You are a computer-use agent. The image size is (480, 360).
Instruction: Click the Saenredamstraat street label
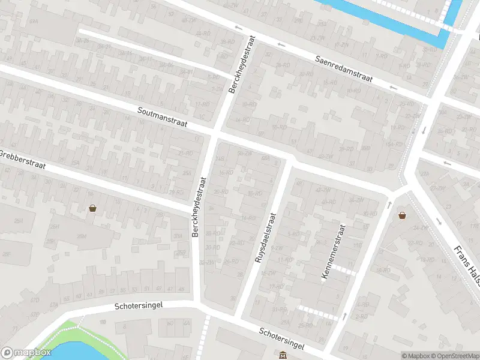point(344,69)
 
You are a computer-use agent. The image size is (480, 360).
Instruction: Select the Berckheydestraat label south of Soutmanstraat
point(199,206)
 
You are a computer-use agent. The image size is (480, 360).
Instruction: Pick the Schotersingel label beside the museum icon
point(282,339)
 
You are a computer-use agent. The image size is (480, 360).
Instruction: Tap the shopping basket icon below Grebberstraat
point(93,208)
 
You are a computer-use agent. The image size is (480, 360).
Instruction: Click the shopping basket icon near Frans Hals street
point(402,215)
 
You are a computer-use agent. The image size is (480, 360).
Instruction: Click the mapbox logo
point(26,353)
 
